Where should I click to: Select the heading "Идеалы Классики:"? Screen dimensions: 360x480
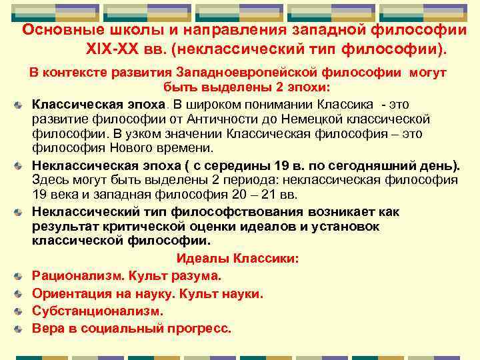tap(237, 258)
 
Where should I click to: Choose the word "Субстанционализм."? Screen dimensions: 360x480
tap(97, 311)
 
